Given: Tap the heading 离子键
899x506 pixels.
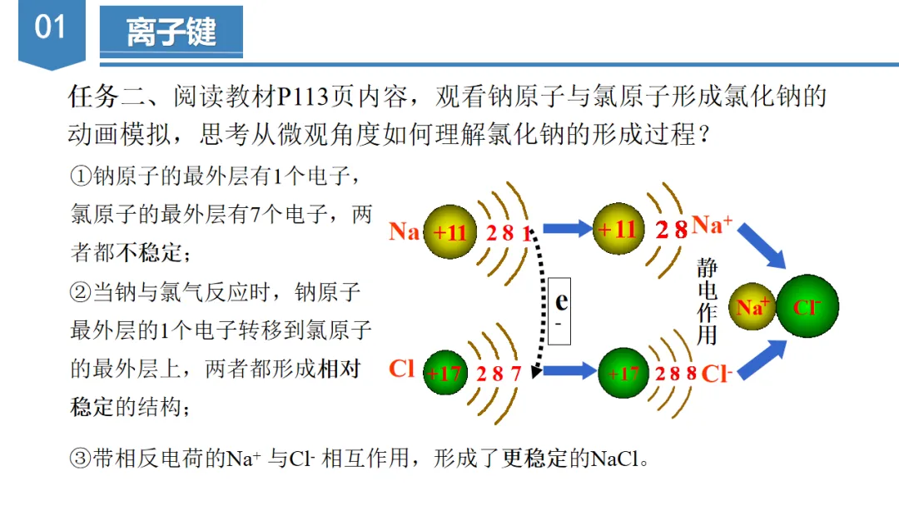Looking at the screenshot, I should (x=171, y=33).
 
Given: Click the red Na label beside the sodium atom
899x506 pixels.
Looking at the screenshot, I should (x=405, y=231).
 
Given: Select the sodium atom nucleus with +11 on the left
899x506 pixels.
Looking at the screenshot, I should (x=450, y=231).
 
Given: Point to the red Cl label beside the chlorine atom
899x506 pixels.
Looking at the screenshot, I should (x=401, y=368).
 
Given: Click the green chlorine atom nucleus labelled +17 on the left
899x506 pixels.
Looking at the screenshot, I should (x=445, y=373).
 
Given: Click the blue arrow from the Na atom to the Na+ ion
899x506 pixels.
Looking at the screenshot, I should (x=566, y=227).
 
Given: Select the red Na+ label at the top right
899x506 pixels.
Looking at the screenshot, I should (x=712, y=225).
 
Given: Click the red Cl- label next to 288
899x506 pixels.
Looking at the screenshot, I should (x=717, y=374).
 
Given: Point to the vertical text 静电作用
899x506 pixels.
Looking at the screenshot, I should (x=707, y=301).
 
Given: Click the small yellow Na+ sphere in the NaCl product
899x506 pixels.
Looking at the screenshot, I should (x=752, y=306).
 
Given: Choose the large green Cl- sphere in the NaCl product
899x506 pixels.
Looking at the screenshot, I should (x=807, y=306).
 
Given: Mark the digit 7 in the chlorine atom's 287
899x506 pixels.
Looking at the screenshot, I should (x=514, y=373).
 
